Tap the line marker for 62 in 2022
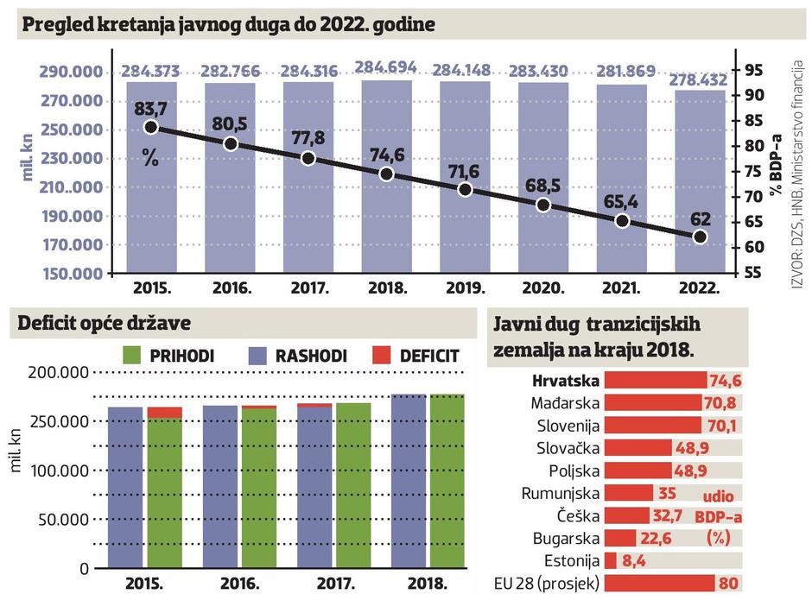700,237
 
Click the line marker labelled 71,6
465,189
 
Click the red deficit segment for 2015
164,413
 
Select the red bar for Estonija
610,560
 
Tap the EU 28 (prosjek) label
546,583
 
